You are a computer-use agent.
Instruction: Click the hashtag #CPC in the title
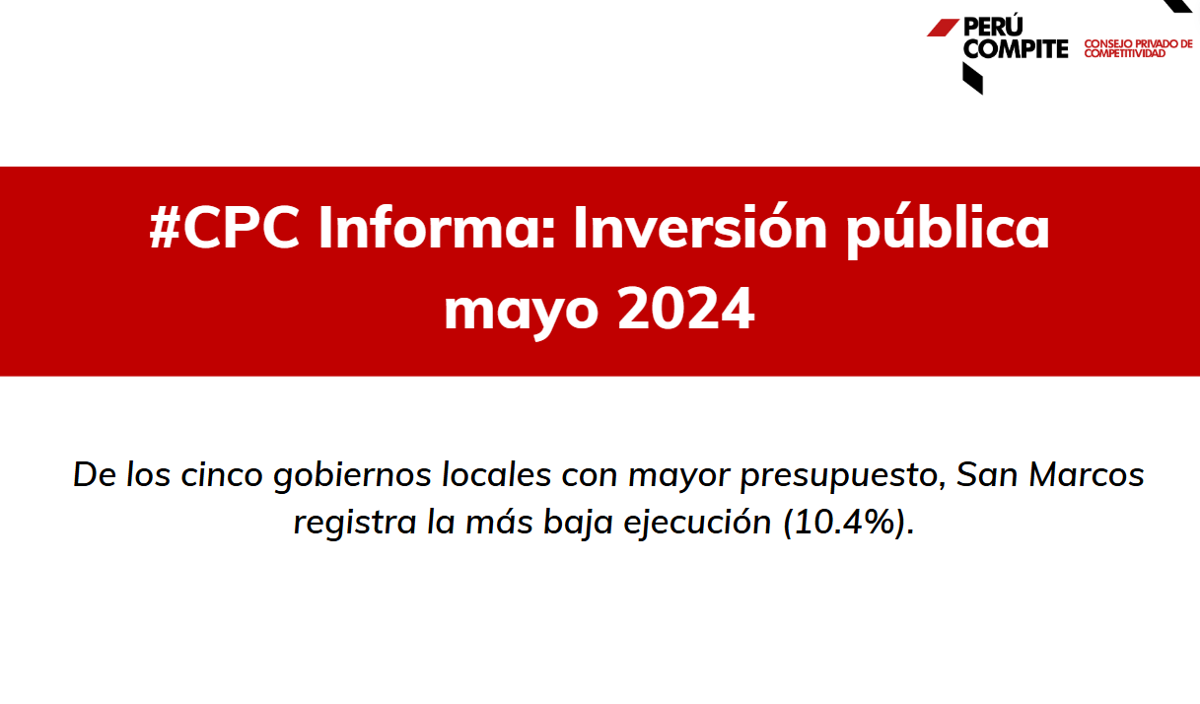(225, 228)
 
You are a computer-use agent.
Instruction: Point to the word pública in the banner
(948, 230)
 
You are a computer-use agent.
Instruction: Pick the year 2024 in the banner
(685, 308)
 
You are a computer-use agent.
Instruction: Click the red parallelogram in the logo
(943, 28)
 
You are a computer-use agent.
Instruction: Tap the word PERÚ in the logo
(993, 26)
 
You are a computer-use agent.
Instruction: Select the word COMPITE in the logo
(1016, 48)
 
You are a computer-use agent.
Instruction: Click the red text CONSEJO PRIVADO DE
(1139, 43)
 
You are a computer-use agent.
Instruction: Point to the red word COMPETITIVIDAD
(1125, 53)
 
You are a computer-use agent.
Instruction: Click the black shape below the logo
(972, 79)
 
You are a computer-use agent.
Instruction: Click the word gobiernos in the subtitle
(352, 476)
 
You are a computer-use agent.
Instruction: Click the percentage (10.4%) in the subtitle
(849, 522)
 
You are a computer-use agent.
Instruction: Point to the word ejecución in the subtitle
(697, 523)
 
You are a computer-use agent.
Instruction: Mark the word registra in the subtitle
(355, 523)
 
